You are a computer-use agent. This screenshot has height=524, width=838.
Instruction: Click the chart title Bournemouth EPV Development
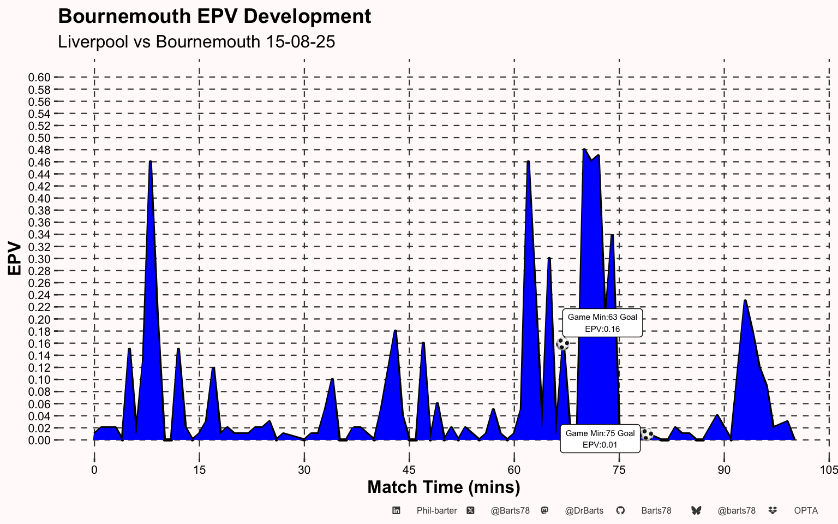click(x=214, y=16)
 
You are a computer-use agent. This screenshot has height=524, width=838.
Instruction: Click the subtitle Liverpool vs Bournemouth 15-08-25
click(x=196, y=41)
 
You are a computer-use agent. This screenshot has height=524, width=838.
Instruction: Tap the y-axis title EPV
click(x=15, y=259)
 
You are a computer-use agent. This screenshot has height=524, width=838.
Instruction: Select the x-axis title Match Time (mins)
click(x=444, y=487)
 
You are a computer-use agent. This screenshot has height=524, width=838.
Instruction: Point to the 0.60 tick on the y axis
click(x=39, y=78)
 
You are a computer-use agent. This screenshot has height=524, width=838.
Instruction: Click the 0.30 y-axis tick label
click(x=39, y=259)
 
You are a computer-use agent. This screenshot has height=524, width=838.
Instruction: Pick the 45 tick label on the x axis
click(x=409, y=470)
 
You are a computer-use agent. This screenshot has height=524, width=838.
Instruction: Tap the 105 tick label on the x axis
click(x=829, y=470)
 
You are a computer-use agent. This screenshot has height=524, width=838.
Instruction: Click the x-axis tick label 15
click(x=199, y=470)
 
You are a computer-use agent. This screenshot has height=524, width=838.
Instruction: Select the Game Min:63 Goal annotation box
click(x=602, y=323)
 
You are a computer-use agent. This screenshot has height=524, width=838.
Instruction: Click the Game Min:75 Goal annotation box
click(x=600, y=439)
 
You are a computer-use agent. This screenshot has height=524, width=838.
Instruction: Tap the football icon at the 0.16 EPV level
click(x=562, y=344)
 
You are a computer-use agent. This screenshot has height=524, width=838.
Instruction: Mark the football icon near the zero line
click(x=647, y=434)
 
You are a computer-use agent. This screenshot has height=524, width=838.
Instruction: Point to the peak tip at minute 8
click(x=150, y=162)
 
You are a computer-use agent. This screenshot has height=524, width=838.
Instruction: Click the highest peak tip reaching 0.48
click(x=584, y=150)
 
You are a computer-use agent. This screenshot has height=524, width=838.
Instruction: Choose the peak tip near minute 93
click(x=745, y=301)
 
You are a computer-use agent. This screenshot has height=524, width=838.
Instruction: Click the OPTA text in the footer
click(x=806, y=511)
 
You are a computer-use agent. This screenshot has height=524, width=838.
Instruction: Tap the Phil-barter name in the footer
click(x=436, y=511)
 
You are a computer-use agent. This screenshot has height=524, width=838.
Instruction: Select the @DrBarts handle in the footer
click(x=584, y=511)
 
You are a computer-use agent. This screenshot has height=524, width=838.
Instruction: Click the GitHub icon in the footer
click(x=620, y=510)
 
